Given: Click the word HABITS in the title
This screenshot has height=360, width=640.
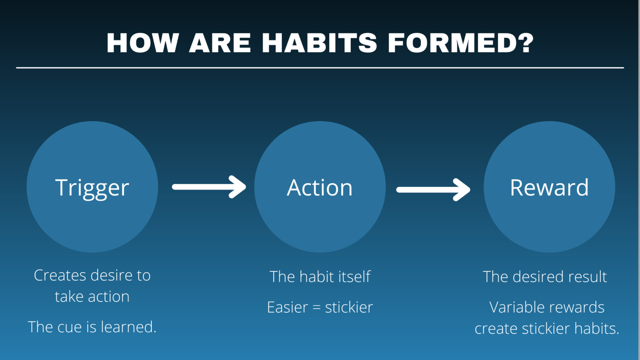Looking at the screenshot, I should click(x=319, y=43).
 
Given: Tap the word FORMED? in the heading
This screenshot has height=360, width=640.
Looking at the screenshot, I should click(x=460, y=43).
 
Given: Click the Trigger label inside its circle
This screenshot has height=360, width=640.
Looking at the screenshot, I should click(x=92, y=188).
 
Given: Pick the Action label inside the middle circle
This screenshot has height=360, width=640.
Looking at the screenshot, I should click(x=320, y=188).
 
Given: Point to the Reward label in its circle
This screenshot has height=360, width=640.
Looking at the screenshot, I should click(x=549, y=188).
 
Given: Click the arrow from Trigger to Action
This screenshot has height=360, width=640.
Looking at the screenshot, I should click(x=208, y=187).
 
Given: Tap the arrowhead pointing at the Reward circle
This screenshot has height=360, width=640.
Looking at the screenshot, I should click(x=463, y=190).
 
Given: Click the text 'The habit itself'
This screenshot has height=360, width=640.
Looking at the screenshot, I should click(x=320, y=277).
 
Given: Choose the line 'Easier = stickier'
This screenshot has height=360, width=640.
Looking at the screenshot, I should click(x=320, y=307).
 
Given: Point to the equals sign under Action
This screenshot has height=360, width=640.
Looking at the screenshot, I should click(x=316, y=308).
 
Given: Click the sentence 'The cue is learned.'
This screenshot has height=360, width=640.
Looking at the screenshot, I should click(x=92, y=327).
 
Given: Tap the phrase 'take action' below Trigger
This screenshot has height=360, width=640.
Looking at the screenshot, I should click(x=92, y=297).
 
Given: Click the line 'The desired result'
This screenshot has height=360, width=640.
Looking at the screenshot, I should click(x=545, y=277).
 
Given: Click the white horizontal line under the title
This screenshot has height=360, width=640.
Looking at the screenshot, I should click(x=320, y=67).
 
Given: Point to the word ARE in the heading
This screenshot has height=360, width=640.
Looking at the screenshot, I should click(x=220, y=43).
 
